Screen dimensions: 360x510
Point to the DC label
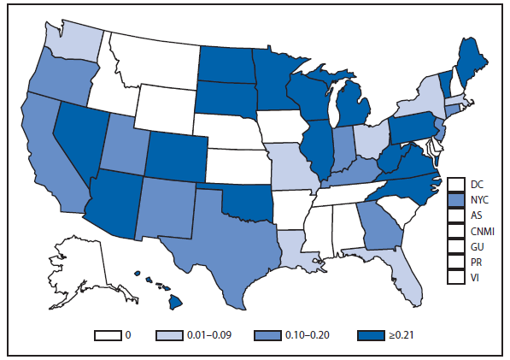click(x=476, y=184)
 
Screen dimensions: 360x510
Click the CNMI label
click(x=481, y=231)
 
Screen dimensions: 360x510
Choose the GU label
click(x=476, y=246)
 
